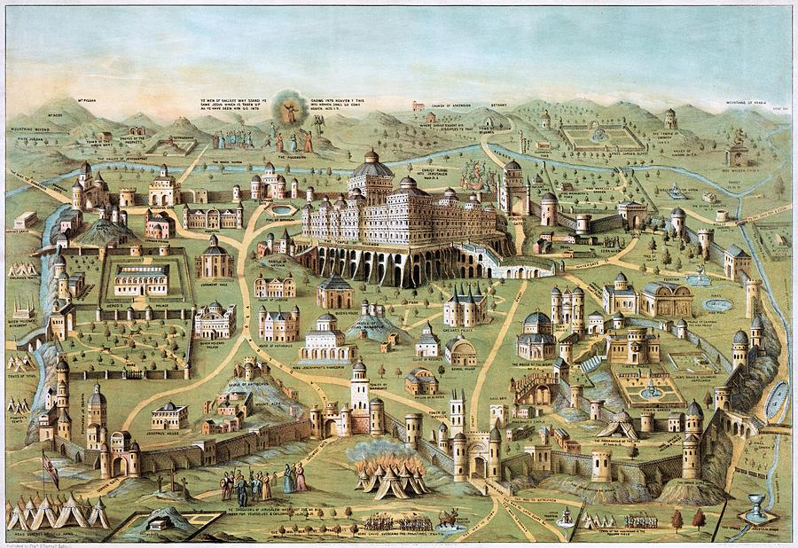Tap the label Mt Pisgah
[87, 101]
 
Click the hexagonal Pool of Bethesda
[283, 210]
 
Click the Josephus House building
[168, 415]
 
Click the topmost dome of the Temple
[371, 157]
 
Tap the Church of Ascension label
[450, 106]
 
